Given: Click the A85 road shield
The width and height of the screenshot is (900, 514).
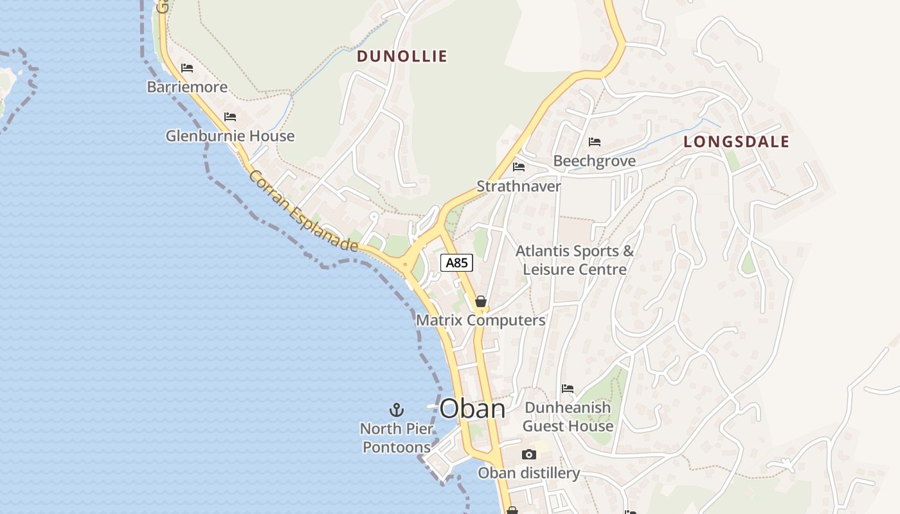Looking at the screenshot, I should coord(456,262).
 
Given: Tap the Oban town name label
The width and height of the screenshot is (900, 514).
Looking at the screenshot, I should coord(473,409).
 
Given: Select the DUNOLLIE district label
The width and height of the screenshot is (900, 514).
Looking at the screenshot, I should coord(402,57).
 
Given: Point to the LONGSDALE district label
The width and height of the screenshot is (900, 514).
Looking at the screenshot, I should coord(736,142).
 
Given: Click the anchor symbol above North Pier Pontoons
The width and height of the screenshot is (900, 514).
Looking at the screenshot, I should coord(397,409).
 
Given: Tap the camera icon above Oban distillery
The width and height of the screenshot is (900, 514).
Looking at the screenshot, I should coord(528,454).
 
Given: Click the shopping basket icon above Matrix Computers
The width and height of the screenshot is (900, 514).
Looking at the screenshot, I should coord(480,301).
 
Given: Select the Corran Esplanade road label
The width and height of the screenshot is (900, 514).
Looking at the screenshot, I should coord(303,211).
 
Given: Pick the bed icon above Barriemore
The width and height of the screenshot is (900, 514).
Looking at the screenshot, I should coord(187,67).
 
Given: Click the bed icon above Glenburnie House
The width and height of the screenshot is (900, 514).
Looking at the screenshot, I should coord(230,116).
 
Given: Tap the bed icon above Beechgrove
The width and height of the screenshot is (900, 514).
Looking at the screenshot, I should coord(595,141).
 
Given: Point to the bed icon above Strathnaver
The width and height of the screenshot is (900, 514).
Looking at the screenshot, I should coord(519,167).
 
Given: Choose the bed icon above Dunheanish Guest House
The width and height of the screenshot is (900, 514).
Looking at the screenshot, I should coord(568,388).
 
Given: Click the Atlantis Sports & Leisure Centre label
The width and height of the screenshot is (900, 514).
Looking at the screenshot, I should coord(575,260).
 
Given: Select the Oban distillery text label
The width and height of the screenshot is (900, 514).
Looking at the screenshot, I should coord(528,474).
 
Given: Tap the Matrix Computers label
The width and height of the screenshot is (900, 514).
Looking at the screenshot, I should coord(480,320).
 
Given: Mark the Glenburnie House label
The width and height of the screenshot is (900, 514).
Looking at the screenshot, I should coord(230,136).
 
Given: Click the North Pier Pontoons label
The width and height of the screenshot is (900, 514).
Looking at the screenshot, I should coord(397,438).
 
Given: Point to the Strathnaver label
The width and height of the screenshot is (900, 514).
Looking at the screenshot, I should coord(519,186).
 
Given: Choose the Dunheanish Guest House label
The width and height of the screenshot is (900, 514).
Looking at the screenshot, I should coord(568,417).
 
